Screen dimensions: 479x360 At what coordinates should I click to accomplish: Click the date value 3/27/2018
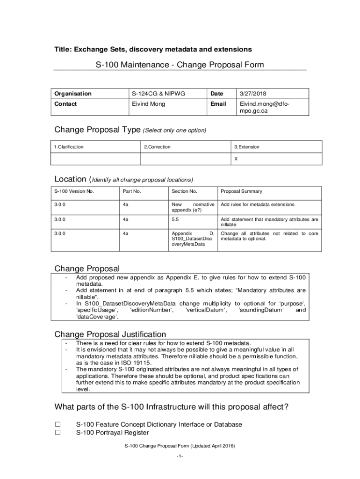pos(253,94)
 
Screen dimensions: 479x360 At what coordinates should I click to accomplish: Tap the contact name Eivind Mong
pos(148,104)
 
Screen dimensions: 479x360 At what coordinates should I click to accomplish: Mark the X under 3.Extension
pos(236,159)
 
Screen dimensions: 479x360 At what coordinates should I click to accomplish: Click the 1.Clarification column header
pos(69,147)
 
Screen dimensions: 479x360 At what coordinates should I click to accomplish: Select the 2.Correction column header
pos(157,147)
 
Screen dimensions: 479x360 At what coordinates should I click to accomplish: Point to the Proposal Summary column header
pos(241,191)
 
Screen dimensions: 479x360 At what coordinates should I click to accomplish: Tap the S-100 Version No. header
pos(74,191)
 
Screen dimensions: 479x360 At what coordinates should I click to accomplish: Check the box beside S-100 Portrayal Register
pos(58,433)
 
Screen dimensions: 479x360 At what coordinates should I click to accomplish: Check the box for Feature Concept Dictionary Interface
pos(58,424)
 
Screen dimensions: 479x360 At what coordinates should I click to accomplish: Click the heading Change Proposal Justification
pos(110,334)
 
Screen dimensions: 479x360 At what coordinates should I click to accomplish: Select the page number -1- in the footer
pos(180,456)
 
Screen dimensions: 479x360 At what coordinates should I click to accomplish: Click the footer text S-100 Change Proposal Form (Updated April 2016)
pos(180,446)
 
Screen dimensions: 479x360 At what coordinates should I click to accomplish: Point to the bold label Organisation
pos(73,94)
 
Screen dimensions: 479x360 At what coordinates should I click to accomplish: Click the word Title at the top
pos(62,49)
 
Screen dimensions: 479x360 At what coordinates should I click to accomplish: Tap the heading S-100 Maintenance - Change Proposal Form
pos(180,65)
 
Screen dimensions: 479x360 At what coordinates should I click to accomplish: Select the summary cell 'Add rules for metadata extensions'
pos(258,205)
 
